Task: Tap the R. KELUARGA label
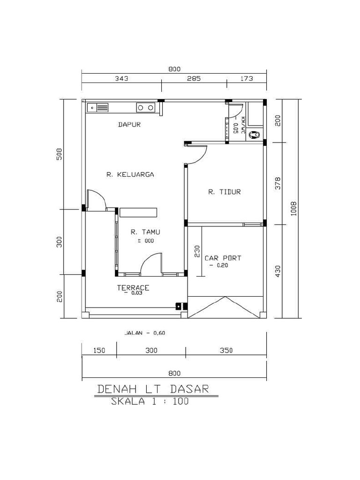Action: [x=130, y=175]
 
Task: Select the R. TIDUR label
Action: [x=225, y=192]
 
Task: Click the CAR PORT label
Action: [x=223, y=258]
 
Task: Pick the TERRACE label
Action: [x=133, y=287]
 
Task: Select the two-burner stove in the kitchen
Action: [x=145, y=108]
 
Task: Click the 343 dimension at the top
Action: [x=122, y=79]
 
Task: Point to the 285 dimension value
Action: [x=194, y=79]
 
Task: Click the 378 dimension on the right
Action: [x=277, y=183]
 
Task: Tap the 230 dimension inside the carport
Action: [x=197, y=252]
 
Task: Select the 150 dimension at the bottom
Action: [x=99, y=350]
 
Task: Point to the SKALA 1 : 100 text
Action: [x=150, y=401]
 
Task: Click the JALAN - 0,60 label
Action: [x=145, y=333]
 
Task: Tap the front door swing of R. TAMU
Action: [x=151, y=262]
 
